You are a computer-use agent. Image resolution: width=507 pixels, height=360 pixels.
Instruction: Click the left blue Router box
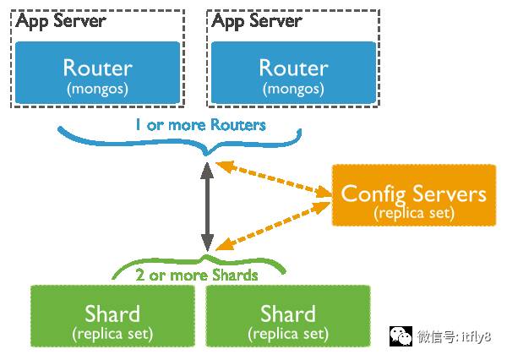[x=98, y=72]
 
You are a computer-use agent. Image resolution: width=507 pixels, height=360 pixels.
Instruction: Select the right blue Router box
[x=292, y=72]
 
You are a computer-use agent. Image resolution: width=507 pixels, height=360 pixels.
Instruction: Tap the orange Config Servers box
[x=413, y=195]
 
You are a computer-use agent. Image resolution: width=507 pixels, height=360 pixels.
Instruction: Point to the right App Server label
[x=256, y=21]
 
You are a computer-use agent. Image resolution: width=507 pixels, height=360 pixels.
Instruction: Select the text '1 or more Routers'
[x=200, y=125]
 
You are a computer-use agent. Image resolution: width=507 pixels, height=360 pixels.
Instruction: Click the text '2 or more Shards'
[x=197, y=275]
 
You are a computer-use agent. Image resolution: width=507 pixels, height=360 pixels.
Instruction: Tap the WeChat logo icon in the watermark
[x=400, y=336]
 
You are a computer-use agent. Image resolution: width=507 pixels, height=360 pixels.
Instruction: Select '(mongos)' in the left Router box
[x=98, y=87]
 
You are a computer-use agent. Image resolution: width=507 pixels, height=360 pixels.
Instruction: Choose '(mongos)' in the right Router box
[x=292, y=87]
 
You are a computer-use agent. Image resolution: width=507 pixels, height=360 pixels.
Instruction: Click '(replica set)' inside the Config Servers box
[x=413, y=213]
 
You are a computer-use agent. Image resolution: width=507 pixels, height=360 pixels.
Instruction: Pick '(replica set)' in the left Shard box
[x=112, y=334]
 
